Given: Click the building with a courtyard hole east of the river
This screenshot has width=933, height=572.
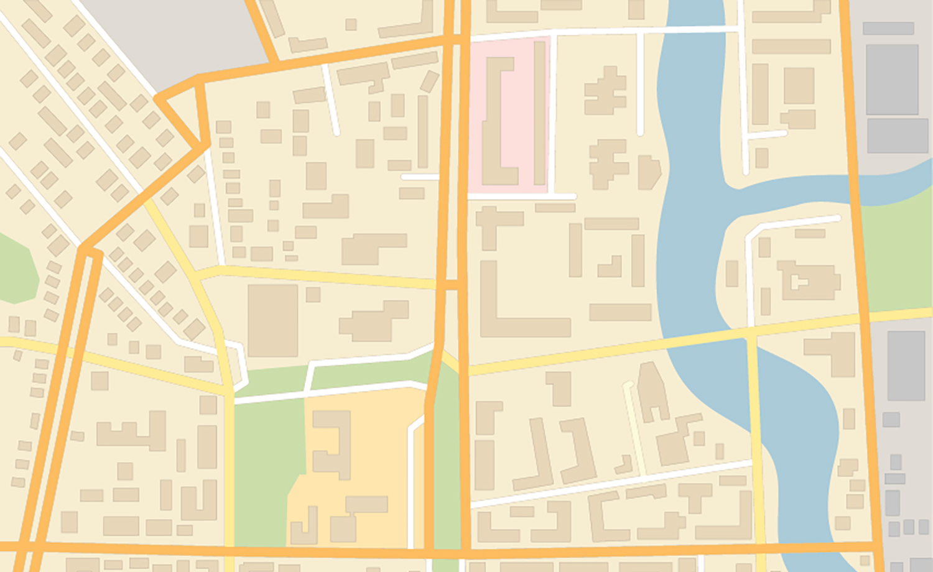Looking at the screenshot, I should click(809, 280).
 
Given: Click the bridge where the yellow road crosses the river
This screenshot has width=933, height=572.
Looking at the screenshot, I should click(703, 336).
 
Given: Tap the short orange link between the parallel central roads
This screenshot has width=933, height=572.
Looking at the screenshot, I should click(452, 285).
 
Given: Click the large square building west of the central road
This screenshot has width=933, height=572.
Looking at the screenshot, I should click(272, 320).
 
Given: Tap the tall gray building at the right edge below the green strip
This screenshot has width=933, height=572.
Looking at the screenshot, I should click(906, 366).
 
